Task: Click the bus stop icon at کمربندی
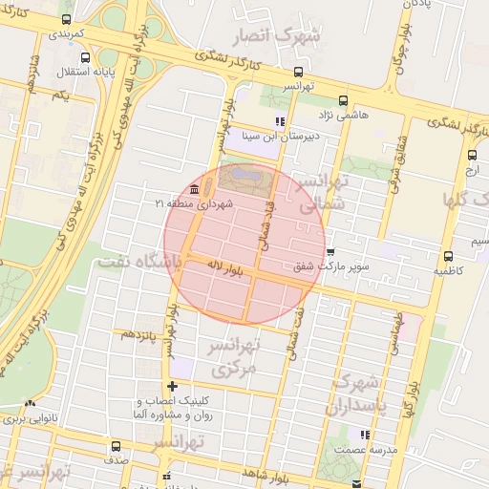pos(66,19)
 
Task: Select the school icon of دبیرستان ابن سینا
pos(279,121)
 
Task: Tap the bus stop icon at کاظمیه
pos(448,256)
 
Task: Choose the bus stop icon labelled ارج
pos(472,156)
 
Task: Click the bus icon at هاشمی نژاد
pos(343,99)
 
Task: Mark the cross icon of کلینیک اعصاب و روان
pos(172,386)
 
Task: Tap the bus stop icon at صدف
pos(117,446)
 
